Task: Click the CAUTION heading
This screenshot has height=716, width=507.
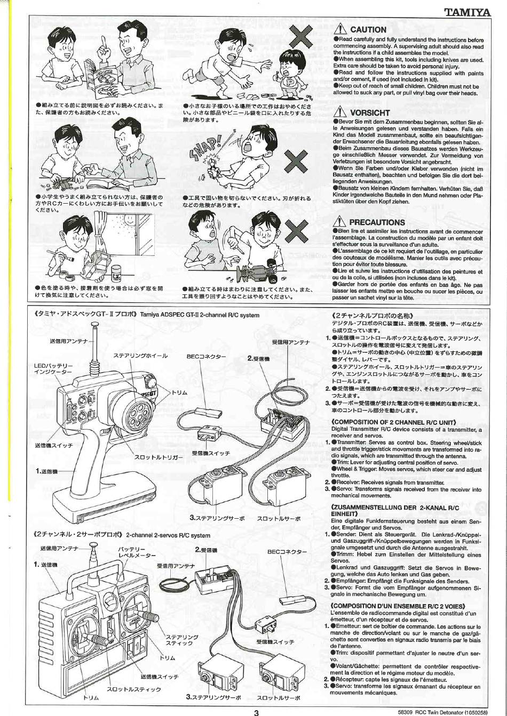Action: coord(368,30)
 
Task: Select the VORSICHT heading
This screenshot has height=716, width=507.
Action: coord(370,113)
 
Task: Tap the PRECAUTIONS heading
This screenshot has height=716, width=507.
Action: coord(377,222)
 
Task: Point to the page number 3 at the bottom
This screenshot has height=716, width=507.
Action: coord(256,711)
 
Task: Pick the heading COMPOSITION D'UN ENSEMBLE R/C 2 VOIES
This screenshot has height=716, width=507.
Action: coord(398,606)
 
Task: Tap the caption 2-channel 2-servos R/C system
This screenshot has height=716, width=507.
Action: coord(168,535)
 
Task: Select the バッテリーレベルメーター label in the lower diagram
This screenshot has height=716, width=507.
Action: coord(133,552)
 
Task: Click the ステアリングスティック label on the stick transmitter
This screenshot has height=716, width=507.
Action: coord(182,640)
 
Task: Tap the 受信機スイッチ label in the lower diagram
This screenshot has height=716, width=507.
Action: coord(275,642)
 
